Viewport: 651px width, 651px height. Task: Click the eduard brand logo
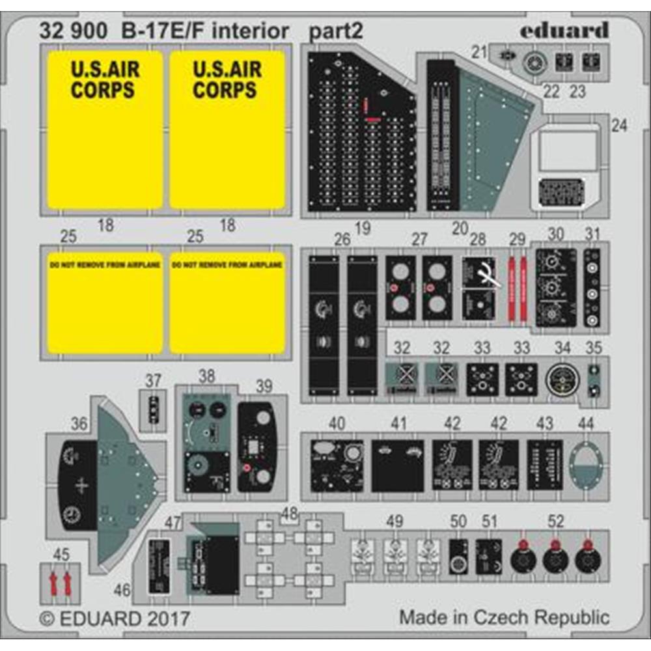click(x=564, y=31)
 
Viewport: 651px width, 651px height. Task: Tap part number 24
click(x=619, y=126)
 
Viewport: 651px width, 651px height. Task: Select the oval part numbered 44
click(x=585, y=465)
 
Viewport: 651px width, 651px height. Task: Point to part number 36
click(x=79, y=424)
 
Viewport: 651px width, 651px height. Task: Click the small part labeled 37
click(x=153, y=409)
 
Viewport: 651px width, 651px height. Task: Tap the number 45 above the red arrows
click(x=61, y=555)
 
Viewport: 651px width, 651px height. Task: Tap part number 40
click(x=337, y=424)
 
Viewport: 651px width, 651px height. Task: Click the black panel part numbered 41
click(x=397, y=465)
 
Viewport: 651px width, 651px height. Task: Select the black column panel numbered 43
click(x=545, y=465)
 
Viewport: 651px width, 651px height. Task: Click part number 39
click(x=264, y=386)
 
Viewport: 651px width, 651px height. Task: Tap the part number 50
click(x=459, y=521)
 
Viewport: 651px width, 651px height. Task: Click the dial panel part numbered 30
click(x=555, y=287)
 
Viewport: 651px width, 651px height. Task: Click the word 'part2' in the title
click(x=337, y=31)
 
